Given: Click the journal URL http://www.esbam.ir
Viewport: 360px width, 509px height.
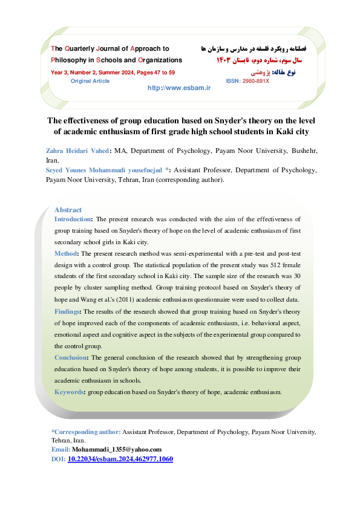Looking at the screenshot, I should point(178,88).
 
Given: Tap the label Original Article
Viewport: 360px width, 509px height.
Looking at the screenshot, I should point(90,80).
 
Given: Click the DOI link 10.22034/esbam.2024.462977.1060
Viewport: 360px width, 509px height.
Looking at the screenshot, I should point(120,459).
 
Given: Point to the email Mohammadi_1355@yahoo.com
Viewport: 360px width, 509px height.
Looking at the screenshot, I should point(116,450).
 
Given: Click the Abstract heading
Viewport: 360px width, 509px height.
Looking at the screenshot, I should point(68,210).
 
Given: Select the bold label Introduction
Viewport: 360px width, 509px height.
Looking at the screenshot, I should point(73,219).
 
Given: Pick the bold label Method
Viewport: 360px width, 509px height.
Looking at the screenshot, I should point(65,254).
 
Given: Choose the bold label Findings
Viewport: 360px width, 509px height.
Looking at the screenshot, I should point(68,312).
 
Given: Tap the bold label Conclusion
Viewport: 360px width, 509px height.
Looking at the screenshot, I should point(71,358).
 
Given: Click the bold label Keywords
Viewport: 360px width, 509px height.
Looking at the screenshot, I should point(70,392).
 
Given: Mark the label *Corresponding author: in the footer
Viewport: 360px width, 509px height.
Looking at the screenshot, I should point(86,433).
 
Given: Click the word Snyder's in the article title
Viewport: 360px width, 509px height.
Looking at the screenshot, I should point(209,119).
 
